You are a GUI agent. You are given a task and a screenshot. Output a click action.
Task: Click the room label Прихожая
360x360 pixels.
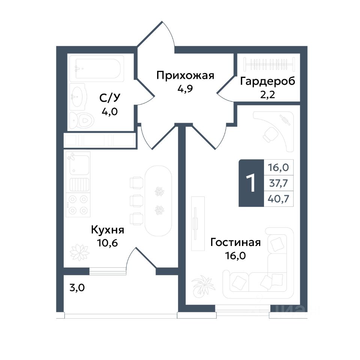point(185,75)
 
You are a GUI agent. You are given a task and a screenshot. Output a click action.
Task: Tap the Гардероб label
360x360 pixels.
point(268,81)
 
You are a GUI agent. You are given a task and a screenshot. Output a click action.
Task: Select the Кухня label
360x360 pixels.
point(108,229)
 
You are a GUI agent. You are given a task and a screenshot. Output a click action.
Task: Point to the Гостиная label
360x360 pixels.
point(235,243)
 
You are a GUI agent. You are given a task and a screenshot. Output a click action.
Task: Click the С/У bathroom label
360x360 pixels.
point(110,98)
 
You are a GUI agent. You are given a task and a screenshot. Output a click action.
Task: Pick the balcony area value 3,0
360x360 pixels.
point(77,288)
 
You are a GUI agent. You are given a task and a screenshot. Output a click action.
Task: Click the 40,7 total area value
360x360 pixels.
point(278,199)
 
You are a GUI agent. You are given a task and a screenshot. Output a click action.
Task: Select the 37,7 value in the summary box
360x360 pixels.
point(278,183)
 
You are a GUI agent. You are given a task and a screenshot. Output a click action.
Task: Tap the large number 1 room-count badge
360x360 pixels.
point(251,183)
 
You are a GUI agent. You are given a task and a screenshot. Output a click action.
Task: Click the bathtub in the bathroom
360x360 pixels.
point(97,68)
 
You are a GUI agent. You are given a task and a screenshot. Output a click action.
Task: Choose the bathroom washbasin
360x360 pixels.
point(78,96)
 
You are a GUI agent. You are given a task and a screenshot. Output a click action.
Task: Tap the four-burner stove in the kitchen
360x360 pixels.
point(78,205)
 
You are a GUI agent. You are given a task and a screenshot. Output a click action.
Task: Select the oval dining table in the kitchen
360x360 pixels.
point(158,201)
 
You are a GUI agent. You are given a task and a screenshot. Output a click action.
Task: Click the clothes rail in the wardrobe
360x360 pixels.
point(269,64)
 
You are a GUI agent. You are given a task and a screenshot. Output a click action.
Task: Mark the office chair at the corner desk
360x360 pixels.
point(269,135)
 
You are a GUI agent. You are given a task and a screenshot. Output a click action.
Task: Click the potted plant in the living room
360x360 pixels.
point(202,286)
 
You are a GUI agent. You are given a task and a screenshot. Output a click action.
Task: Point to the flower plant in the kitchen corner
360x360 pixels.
point(79,252)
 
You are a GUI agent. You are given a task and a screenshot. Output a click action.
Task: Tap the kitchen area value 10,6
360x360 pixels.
point(108,243)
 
